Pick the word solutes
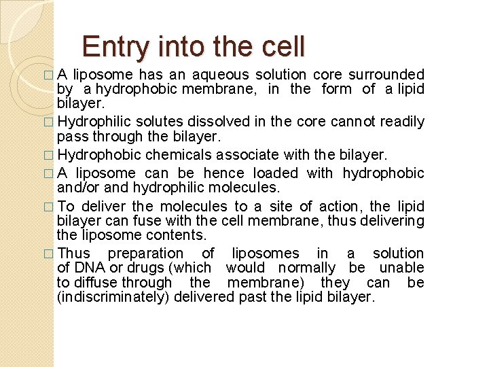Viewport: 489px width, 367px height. click(155, 122)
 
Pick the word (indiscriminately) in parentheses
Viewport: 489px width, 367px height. click(113, 298)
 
